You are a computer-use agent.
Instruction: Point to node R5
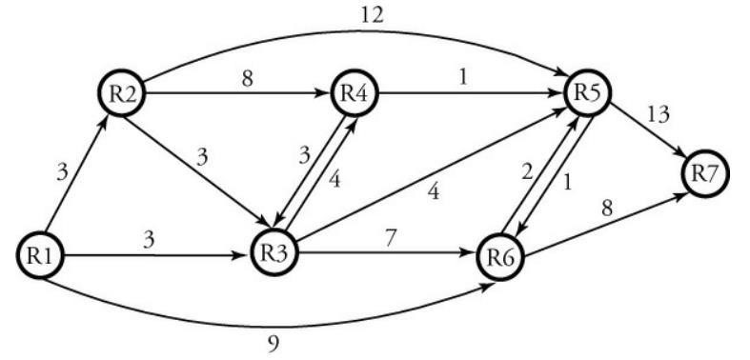point(587,94)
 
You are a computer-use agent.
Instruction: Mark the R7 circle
point(706,174)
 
